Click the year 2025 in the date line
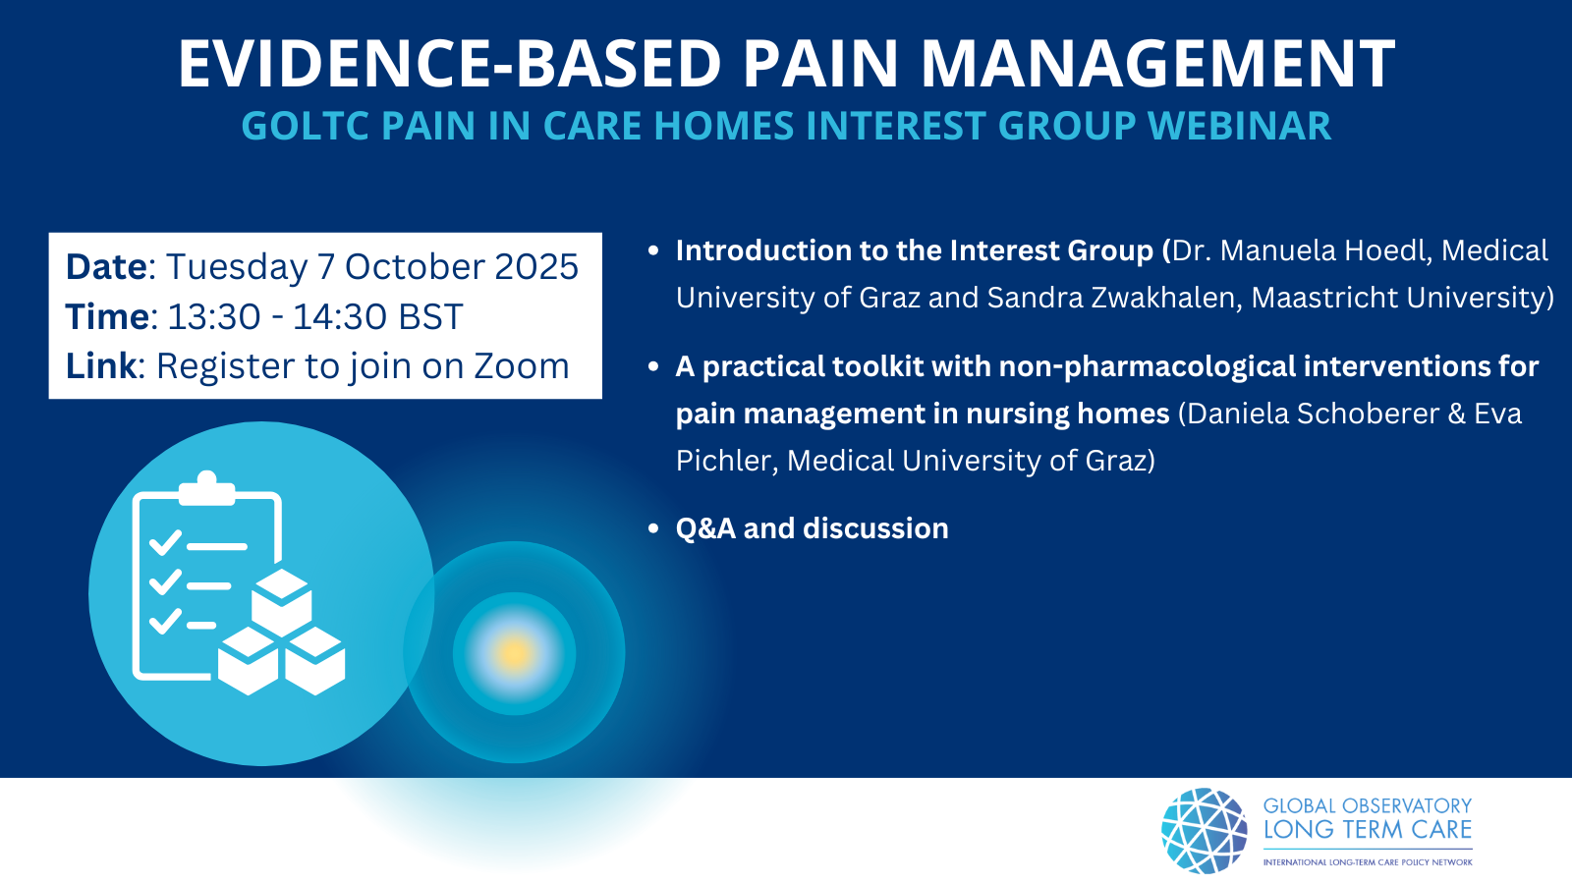(x=536, y=266)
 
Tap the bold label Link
(x=101, y=365)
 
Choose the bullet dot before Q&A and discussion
(x=653, y=528)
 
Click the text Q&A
(x=706, y=528)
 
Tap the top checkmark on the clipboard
(x=166, y=542)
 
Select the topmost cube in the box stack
(x=281, y=602)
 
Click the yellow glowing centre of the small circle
(x=515, y=653)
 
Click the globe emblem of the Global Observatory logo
(x=1205, y=831)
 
